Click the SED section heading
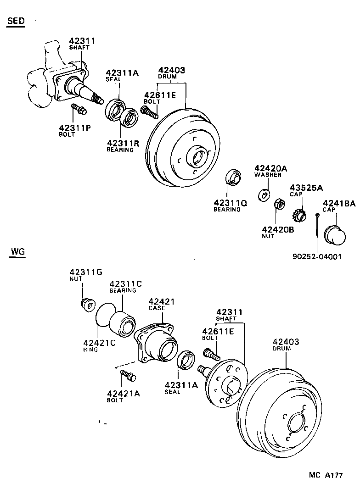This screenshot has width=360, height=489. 15,22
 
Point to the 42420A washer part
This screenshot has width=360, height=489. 264,194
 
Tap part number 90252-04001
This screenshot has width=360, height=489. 317,256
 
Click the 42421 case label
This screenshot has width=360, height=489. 161,301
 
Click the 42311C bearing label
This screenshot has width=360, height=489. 125,284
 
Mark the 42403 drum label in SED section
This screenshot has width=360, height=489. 171,70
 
